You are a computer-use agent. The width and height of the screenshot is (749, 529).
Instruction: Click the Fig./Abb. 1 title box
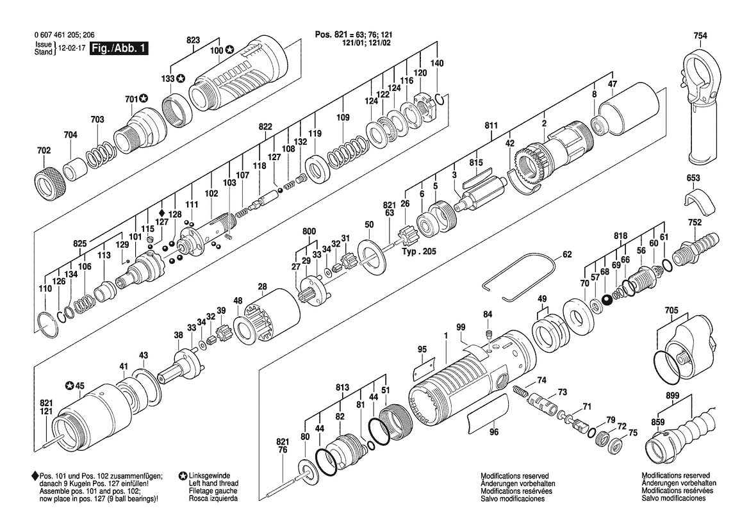coord(119,49)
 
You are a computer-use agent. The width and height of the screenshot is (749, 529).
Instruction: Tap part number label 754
coord(700,36)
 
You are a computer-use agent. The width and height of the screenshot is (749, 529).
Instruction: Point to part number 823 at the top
coord(193,40)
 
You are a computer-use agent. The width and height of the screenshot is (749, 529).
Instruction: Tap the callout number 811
coord(491,126)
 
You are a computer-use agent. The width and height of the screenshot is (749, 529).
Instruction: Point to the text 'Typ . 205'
coord(418,252)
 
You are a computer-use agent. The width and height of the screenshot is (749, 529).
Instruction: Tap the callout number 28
coord(262,286)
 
